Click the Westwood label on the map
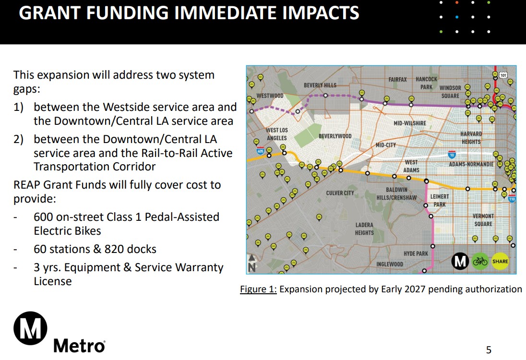point(270,96)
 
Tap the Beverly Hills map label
point(320,85)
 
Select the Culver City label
point(340,193)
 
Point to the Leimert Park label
point(440,200)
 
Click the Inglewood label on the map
point(390,264)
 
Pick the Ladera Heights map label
point(364,228)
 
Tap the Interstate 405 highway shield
point(260,151)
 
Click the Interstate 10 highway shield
point(452,155)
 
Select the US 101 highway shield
point(503,75)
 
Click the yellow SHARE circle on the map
point(500,261)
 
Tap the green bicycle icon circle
point(480,261)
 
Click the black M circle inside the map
point(460,261)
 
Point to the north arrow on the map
point(251,263)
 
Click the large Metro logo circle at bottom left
point(30,328)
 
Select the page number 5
point(489,350)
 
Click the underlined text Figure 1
point(258,289)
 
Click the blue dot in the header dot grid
point(457,17)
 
